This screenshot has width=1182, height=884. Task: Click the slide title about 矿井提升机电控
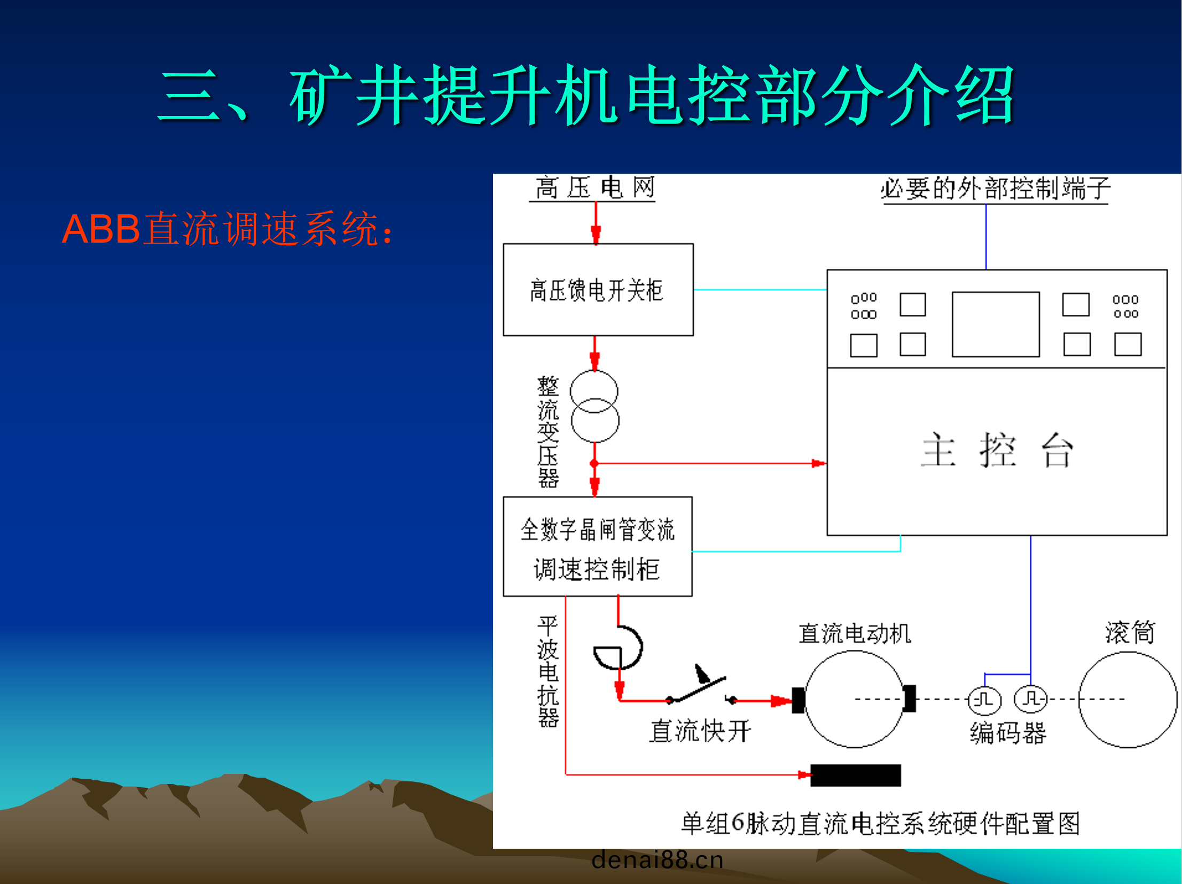[586, 95]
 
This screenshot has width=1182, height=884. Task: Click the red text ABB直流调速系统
[228, 229]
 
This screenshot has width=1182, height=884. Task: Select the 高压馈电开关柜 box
[598, 290]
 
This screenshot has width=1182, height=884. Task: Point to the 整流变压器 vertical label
[547, 432]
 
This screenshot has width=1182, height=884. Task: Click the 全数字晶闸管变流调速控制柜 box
[598, 547]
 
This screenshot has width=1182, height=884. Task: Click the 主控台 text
[997, 451]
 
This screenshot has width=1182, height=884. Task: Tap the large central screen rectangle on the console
[996, 324]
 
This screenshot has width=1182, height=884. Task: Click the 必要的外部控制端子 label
[996, 189]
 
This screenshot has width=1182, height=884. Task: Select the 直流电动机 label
[855, 634]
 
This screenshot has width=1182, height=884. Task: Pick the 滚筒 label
[1130, 633]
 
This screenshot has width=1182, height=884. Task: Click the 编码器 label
[1008, 733]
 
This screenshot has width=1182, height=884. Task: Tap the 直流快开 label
[700, 731]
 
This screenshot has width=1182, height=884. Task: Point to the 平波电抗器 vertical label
[547, 672]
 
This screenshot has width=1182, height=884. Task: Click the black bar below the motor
[856, 776]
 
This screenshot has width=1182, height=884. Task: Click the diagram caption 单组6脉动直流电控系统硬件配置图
[880, 823]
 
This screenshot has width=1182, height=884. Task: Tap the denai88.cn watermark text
[657, 859]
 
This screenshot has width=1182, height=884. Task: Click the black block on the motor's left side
[799, 700]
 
